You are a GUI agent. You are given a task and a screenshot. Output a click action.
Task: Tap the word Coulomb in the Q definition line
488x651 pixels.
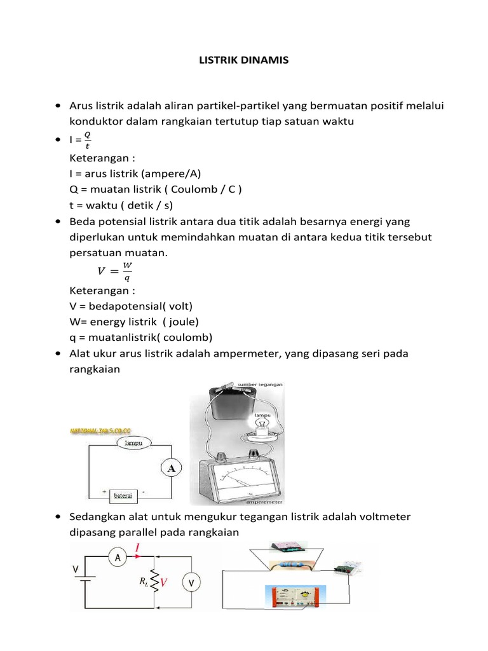point(201,189)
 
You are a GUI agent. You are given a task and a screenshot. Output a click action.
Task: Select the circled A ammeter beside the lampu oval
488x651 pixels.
point(170,469)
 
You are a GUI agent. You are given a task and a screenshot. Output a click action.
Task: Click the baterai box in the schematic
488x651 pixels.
point(127,494)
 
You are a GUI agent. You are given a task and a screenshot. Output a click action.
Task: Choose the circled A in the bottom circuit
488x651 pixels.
point(117,557)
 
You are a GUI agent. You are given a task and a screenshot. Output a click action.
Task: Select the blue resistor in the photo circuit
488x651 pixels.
point(292,564)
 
